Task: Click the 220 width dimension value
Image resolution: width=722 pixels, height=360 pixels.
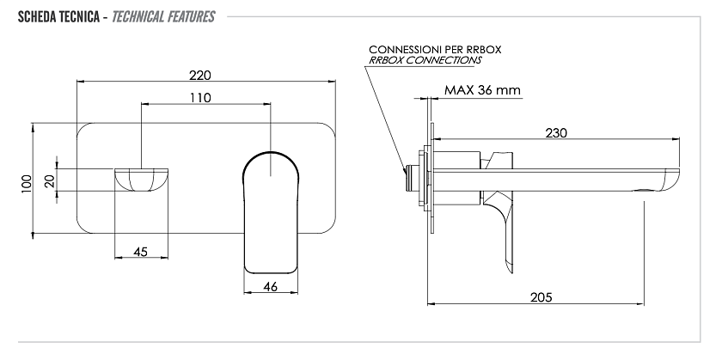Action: pos(199,75)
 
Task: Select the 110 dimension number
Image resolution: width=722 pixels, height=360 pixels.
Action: pos(199,98)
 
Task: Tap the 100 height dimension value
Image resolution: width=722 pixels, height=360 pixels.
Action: pos(27,183)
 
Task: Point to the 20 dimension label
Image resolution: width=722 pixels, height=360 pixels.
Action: pos(50,180)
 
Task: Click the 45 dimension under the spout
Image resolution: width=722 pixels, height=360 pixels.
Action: pos(140,252)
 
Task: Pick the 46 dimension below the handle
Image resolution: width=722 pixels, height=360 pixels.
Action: pos(271,286)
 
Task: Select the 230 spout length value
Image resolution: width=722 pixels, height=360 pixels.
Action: pos(556,133)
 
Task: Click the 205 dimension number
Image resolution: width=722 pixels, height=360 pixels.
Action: pos(541,297)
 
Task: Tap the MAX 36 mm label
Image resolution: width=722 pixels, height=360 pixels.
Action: pos(482,89)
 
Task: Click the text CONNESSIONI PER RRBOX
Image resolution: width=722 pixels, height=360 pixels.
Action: pos(435,49)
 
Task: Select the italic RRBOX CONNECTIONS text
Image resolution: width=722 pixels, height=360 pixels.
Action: pos(425,60)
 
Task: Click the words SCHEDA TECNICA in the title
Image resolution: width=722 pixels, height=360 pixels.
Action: pos(58,17)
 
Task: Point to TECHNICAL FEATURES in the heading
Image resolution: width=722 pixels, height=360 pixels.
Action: pos(163,17)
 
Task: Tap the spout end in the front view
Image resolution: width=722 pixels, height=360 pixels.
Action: pos(141,180)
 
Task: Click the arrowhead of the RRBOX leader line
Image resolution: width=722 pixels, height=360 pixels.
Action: pos(405,170)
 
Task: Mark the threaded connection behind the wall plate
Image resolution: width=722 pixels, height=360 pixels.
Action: pos(411,179)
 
